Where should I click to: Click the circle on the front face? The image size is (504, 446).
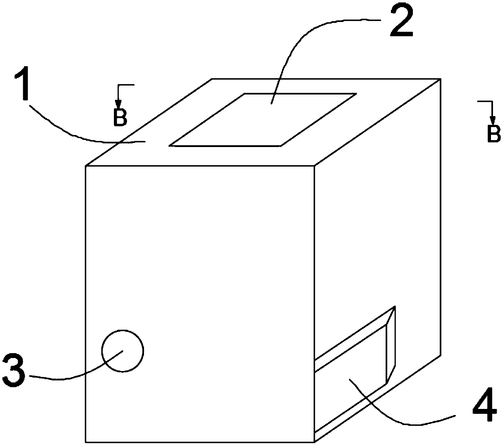tap(122, 351)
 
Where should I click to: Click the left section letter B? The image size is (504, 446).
tap(120, 117)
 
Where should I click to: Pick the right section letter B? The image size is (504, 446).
tap(494, 134)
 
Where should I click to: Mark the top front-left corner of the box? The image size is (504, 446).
tap(86, 166)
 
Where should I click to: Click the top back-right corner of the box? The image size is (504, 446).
tap(441, 79)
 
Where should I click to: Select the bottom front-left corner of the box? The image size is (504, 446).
tap(86, 442)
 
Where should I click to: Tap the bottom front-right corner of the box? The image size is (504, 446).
tap(314, 442)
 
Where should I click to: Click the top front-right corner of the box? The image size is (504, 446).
tap(314, 166)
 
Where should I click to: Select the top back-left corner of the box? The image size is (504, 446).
tap(212, 79)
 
